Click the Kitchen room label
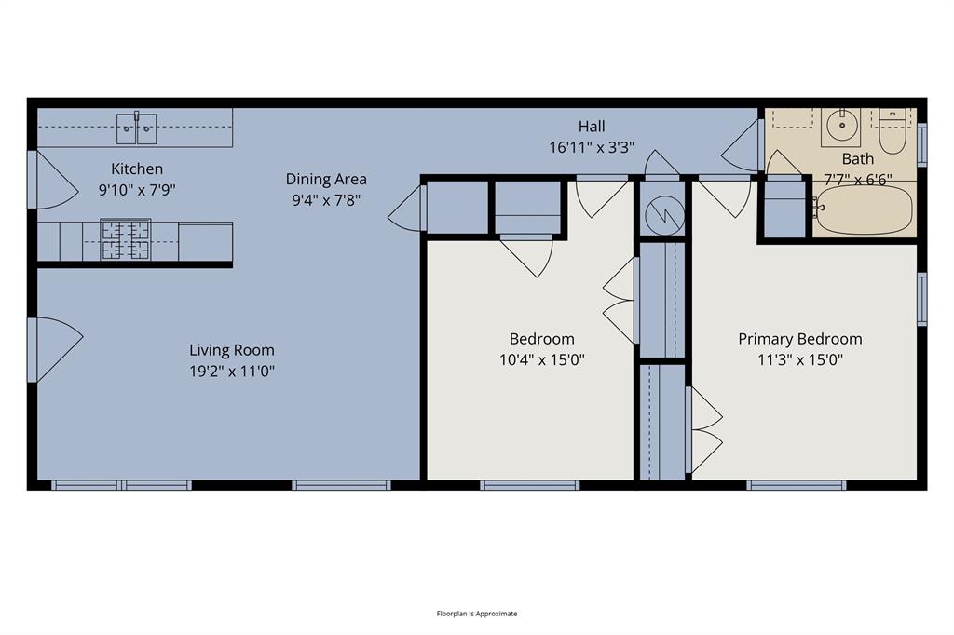(137, 169)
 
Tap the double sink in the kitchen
(137, 128)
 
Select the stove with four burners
(126, 239)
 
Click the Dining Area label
(326, 179)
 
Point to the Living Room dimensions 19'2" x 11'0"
(232, 371)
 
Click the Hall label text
(592, 127)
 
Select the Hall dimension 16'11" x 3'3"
(592, 146)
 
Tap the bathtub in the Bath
(863, 210)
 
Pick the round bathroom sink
(843, 124)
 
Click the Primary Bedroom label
(800, 339)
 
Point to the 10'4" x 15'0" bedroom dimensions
(541, 359)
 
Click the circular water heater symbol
(664, 215)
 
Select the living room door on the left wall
(53, 349)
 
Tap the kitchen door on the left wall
(53, 179)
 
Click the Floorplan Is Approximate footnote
(477, 614)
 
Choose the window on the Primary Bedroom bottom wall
(797, 485)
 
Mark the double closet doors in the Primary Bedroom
(705, 429)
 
